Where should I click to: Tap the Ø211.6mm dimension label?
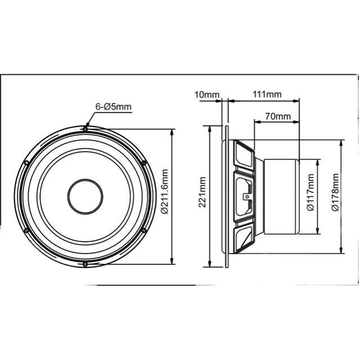click(x=164, y=192)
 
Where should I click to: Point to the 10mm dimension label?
click(x=207, y=94)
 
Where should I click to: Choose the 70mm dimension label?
click(x=278, y=116)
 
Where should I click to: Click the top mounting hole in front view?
click(x=85, y=129)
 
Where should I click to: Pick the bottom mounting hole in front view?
click(x=85, y=264)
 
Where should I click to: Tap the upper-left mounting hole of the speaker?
click(x=26, y=163)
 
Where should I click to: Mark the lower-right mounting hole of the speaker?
click(x=144, y=230)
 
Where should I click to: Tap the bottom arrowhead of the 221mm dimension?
click(x=209, y=265)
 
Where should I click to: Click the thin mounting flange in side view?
click(x=226, y=197)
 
